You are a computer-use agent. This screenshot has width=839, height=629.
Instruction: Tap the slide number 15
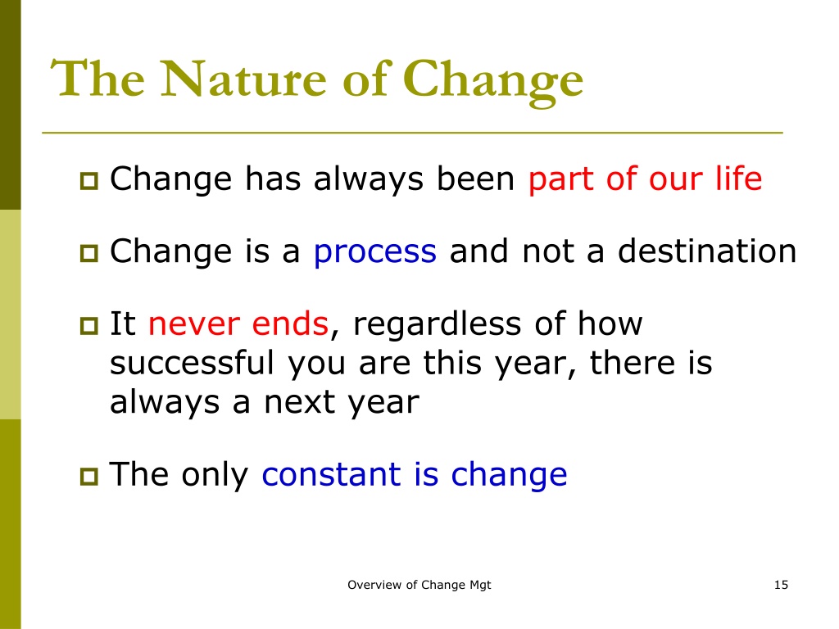pos(781,585)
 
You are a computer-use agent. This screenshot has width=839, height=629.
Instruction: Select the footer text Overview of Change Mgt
pos(419,585)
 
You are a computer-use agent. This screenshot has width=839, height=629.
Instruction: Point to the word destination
pos(707,251)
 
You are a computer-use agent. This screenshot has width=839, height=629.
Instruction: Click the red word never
pos(193,324)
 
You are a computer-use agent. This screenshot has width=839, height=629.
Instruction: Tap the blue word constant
pos(331,474)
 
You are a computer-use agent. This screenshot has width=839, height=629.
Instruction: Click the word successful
pos(192,362)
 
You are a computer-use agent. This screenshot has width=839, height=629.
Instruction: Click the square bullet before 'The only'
pos(89,476)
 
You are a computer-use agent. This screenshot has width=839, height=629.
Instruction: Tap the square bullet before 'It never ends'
pos(89,325)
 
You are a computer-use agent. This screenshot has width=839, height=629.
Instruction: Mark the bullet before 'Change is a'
pos(89,253)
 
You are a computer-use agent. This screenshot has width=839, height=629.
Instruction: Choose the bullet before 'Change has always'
pos(89,181)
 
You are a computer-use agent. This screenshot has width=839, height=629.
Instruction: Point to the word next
pos(299,402)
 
